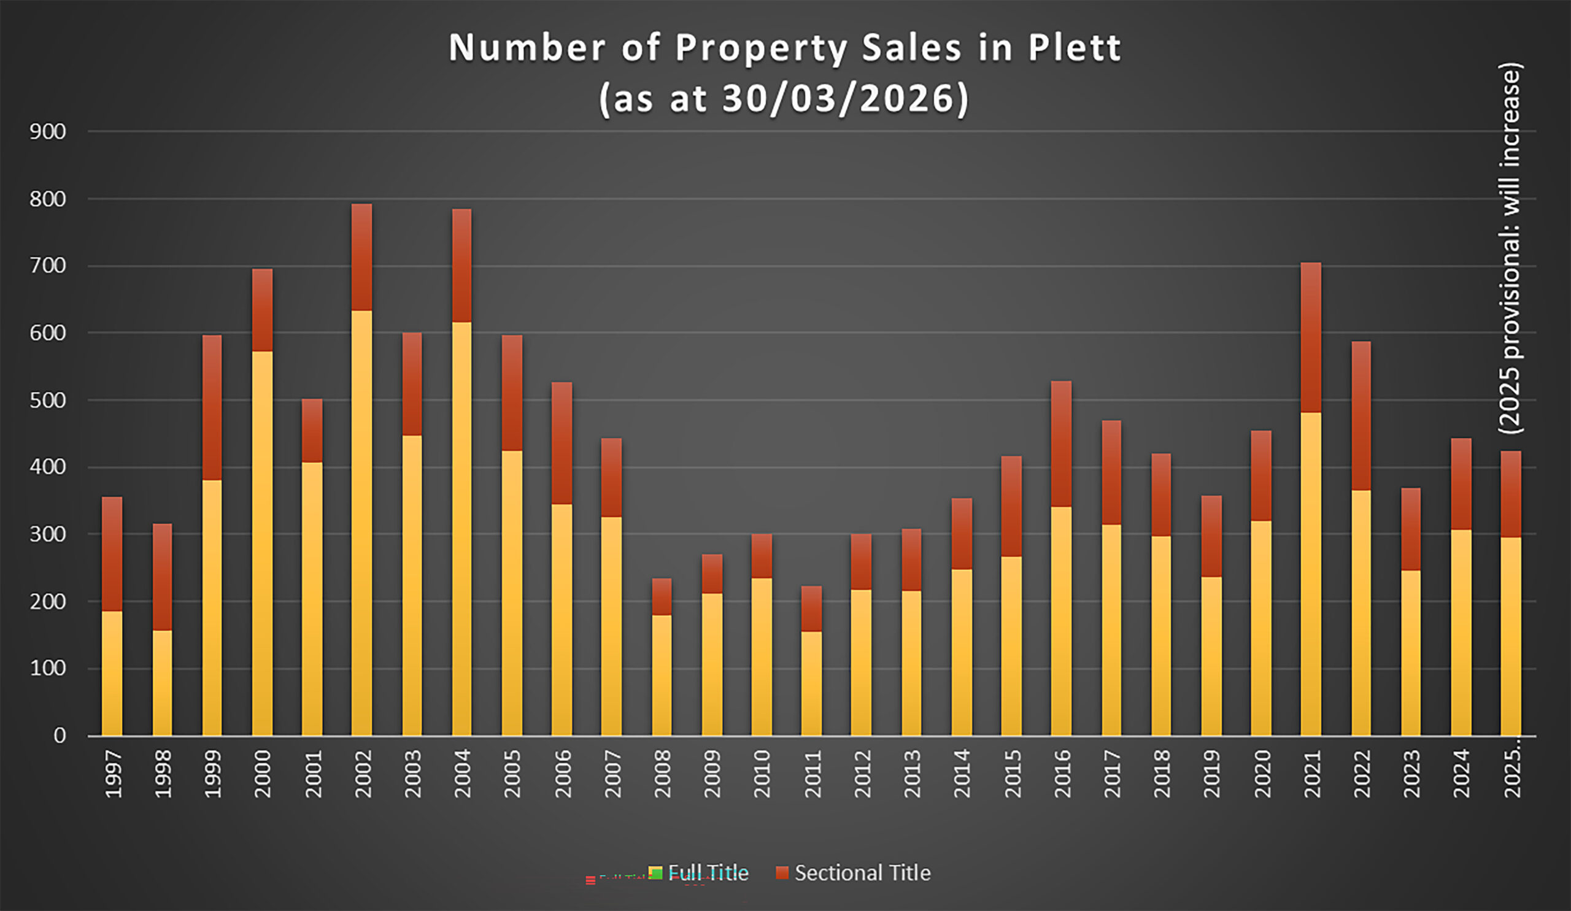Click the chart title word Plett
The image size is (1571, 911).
pos(1073,47)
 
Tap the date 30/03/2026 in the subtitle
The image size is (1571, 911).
pos(838,98)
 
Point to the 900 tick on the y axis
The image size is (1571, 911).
pos(47,131)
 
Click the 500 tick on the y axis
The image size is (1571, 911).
pos(47,400)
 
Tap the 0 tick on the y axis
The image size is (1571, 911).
pos(60,736)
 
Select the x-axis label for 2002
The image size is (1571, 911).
pos(362,774)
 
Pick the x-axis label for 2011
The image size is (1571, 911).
pos(812,774)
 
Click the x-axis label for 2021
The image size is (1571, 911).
pos(1311,774)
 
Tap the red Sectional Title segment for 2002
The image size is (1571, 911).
pos(361,256)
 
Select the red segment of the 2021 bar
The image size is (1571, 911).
pos(1310,337)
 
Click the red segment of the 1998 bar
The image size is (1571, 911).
pos(162,577)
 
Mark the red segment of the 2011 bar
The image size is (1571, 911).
pos(811,608)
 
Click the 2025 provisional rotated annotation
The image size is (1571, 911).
pos(1509,248)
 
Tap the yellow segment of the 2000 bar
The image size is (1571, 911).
pos(262,543)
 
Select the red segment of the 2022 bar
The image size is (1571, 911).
pos(1361,415)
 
